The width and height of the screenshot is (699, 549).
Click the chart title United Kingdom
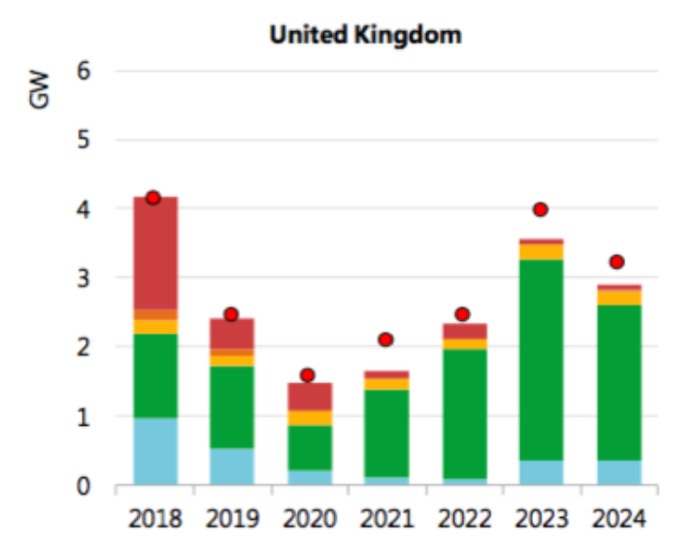coord(365,35)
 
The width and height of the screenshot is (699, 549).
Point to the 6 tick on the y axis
coord(83,71)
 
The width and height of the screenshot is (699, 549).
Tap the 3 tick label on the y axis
coord(83,278)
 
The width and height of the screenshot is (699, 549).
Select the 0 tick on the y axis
coord(83,486)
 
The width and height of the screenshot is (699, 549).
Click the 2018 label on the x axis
coord(155,520)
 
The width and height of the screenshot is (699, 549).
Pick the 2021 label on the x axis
coord(386,520)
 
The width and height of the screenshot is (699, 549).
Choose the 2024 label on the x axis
coord(618,520)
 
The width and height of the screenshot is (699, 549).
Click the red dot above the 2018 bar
coord(153,198)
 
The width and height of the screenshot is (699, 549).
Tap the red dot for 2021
coord(385,339)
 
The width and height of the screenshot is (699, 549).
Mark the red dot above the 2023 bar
coord(541,210)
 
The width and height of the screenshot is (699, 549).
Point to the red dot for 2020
coord(308,375)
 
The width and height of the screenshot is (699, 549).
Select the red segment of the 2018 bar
coord(155,252)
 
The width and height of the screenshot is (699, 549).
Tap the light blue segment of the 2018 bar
coord(155,452)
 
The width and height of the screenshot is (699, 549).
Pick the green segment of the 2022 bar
coord(463,413)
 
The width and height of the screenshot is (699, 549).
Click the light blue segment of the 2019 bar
coord(232,467)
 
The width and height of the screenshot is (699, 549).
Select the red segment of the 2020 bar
coord(309,396)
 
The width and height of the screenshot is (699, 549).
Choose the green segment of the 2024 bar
coord(618,382)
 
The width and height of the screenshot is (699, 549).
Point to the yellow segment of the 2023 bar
coord(541,252)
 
